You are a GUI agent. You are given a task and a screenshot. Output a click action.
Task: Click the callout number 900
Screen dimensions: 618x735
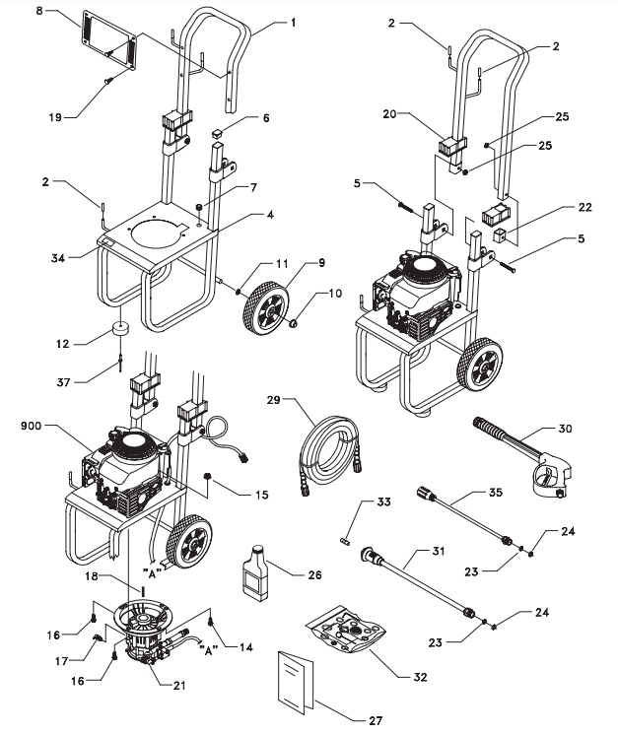[31, 426]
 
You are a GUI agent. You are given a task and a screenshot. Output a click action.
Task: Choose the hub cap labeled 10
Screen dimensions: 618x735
[294, 323]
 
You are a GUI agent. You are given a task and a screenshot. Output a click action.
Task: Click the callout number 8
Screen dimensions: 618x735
[39, 10]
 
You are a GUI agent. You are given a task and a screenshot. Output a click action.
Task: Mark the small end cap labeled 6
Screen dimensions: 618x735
[217, 134]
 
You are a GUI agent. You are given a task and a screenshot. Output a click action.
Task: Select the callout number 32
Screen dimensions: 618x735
[420, 677]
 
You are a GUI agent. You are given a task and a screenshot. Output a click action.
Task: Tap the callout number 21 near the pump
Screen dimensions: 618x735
[178, 685]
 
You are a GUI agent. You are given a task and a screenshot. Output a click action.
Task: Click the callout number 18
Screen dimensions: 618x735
[91, 575]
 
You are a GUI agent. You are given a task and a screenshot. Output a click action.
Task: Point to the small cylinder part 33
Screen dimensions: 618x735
[344, 541]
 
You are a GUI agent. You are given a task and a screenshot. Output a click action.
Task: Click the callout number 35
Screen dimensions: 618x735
[495, 493]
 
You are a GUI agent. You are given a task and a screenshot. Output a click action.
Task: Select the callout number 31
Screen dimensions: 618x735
[438, 551]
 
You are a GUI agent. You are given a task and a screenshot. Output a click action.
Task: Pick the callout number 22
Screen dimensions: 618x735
[584, 207]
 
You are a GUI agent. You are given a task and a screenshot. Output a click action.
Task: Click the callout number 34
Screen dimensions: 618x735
[58, 257]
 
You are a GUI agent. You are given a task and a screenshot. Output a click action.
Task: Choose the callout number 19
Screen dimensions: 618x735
[55, 116]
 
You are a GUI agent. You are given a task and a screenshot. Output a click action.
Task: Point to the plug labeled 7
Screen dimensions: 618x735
[199, 207]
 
